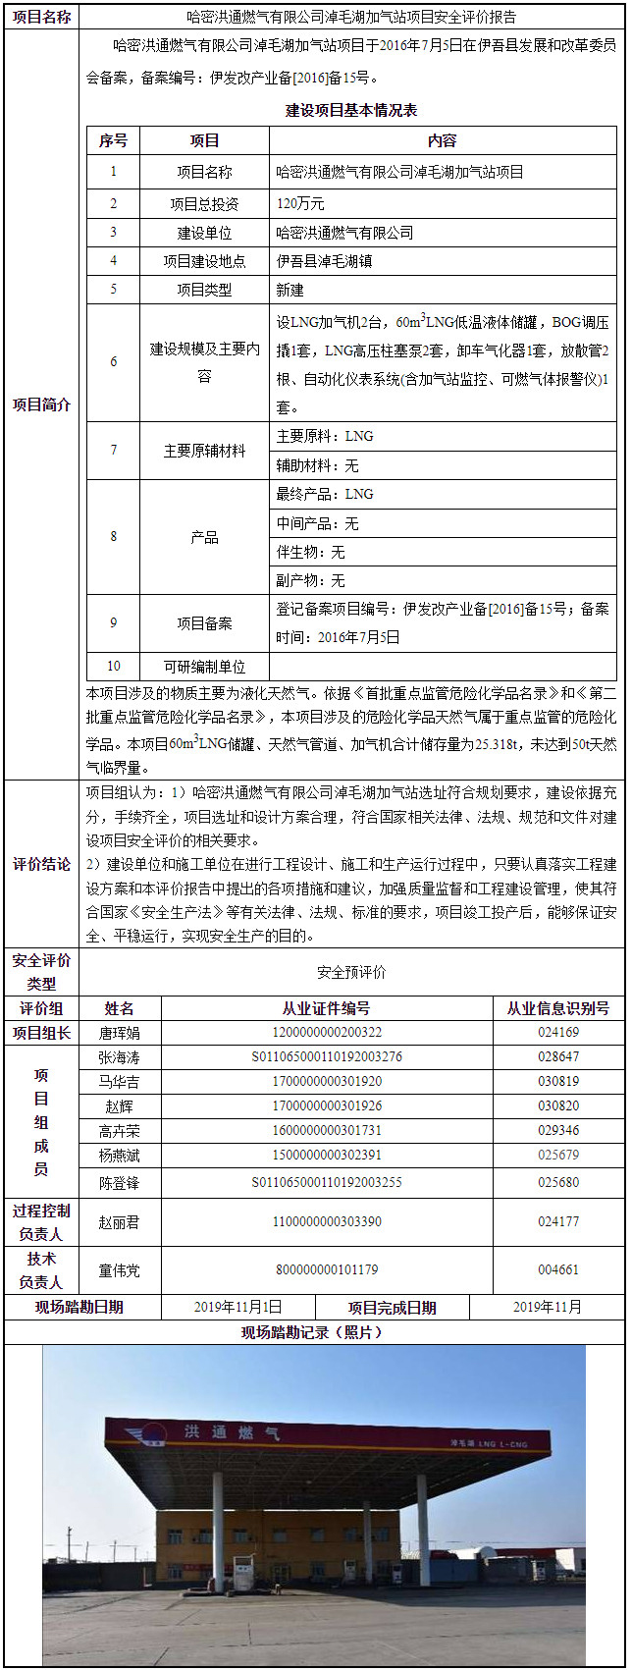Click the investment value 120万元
(300, 204)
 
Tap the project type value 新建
(290, 290)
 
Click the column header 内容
(443, 141)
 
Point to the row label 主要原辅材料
(204, 451)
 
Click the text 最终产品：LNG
(325, 494)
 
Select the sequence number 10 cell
(114, 667)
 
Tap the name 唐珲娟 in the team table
(120, 1033)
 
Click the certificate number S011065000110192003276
(327, 1057)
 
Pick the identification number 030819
(558, 1082)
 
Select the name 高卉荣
(120, 1131)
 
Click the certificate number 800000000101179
(327, 1270)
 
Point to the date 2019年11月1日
(237, 1307)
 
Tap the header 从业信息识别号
(557, 1008)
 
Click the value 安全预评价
(351, 972)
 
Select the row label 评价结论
(41, 864)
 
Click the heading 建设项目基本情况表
(351, 111)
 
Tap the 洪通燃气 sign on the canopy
(232, 1434)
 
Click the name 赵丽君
(120, 1222)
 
